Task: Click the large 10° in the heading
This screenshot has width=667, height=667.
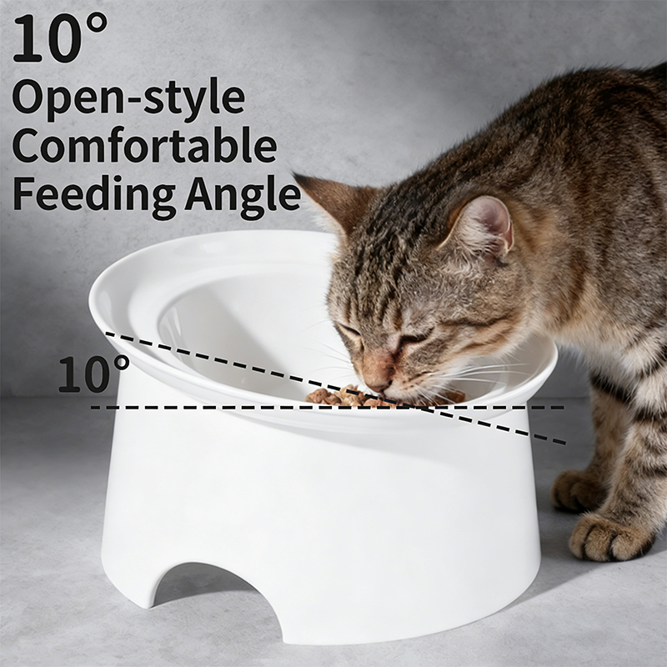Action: (x=60, y=38)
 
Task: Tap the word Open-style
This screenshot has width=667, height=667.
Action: (x=129, y=98)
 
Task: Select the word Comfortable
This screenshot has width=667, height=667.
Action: (x=144, y=144)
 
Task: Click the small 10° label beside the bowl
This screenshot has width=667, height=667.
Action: (x=93, y=373)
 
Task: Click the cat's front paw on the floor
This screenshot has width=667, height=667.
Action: (x=609, y=536)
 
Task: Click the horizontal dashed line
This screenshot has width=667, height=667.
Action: (x=328, y=408)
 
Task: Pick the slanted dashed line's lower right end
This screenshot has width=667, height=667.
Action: (x=566, y=444)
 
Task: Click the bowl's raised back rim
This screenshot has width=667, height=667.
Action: (x=213, y=247)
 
